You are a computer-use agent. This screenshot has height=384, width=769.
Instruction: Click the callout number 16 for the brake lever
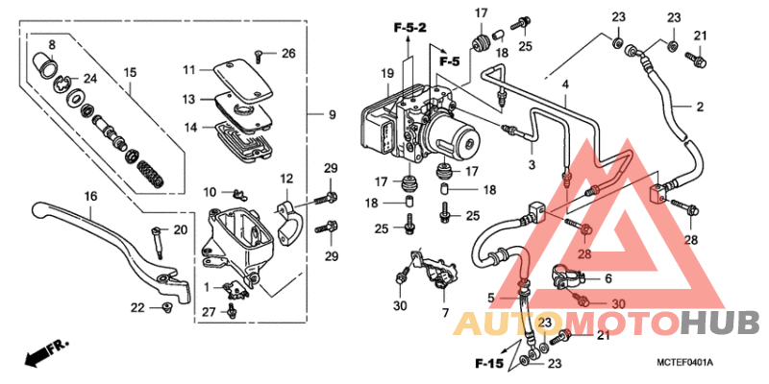tap(89, 196)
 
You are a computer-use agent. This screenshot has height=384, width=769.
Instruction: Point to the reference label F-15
tap(489, 364)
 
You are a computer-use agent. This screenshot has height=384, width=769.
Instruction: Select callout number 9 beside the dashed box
tap(332, 115)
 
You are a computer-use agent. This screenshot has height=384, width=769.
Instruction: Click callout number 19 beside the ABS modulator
tap(386, 73)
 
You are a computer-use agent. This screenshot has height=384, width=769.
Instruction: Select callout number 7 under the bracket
tap(444, 313)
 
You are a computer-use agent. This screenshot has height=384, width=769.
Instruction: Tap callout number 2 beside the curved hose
tap(699, 106)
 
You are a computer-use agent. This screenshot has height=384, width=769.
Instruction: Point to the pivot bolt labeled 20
tap(155, 239)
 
